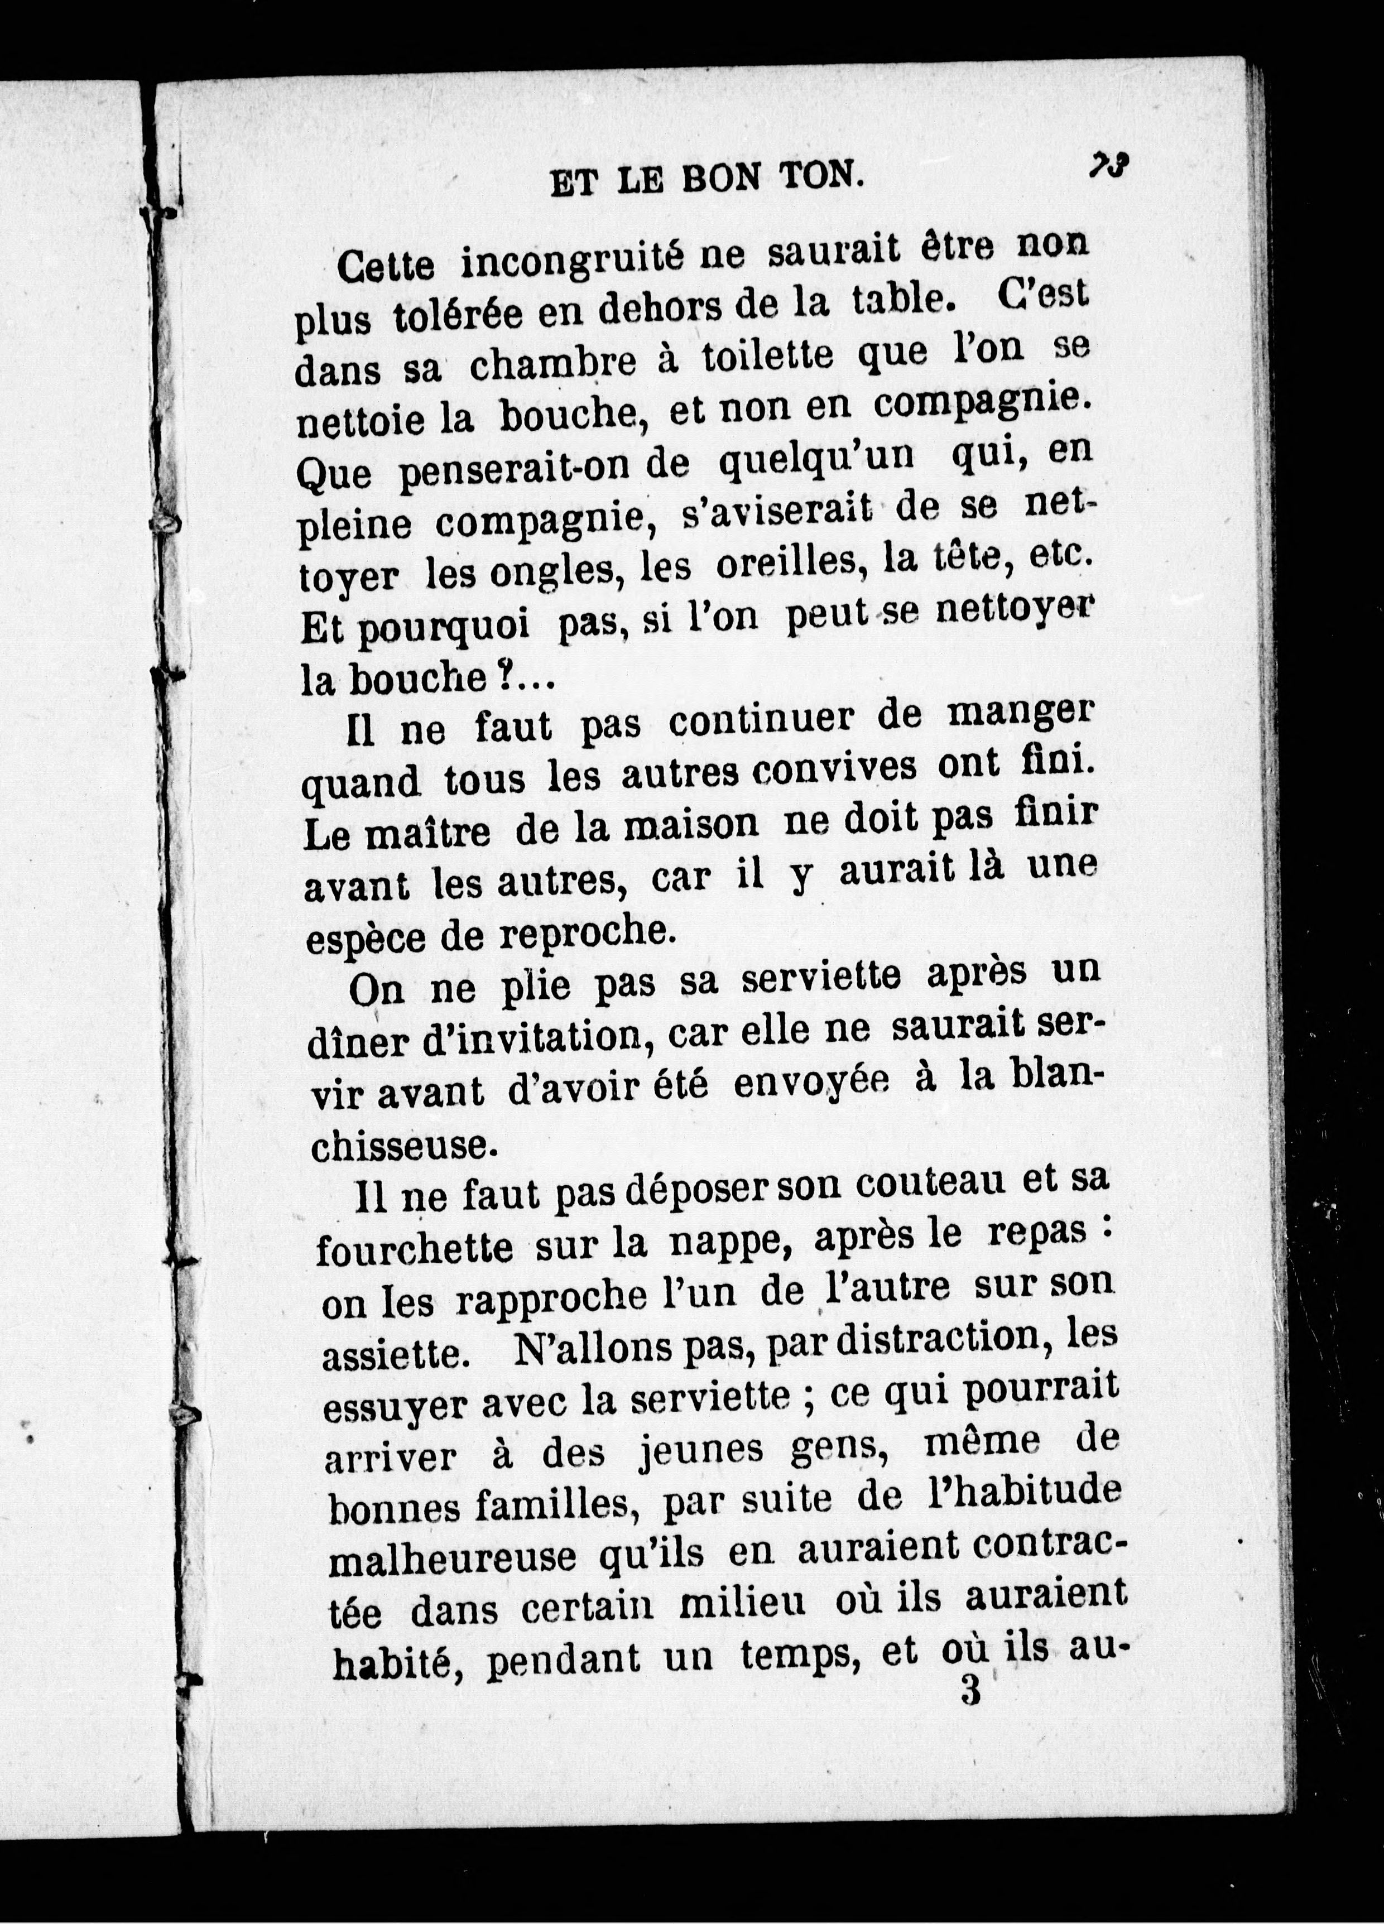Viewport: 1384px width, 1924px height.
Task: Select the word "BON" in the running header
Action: (719, 180)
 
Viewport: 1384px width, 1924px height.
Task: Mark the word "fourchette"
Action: (414, 1249)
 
